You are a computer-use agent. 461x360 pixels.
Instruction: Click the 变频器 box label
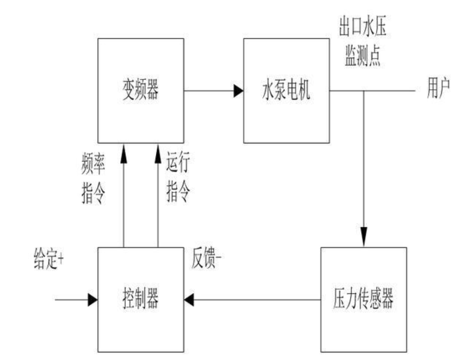[140, 90]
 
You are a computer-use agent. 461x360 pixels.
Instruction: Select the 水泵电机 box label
[286, 90]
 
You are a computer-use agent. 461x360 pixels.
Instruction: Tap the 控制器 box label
[140, 298]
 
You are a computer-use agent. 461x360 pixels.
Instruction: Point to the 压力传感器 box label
[363, 298]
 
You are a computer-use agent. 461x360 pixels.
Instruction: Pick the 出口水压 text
[363, 27]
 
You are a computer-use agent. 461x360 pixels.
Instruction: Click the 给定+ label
[48, 259]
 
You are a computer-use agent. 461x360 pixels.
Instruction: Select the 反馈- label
[206, 258]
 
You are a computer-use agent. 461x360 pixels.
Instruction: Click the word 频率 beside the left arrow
[93, 164]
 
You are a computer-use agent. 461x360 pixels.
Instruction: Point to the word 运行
[178, 162]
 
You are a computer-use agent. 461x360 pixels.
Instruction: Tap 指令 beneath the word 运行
[178, 191]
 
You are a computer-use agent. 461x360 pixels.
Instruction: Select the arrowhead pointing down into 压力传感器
[364, 237]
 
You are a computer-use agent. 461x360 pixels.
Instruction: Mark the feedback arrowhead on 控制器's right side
[189, 300]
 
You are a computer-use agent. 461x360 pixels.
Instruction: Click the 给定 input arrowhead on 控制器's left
[93, 300]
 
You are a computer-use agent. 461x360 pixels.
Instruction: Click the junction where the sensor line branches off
[364, 91]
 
